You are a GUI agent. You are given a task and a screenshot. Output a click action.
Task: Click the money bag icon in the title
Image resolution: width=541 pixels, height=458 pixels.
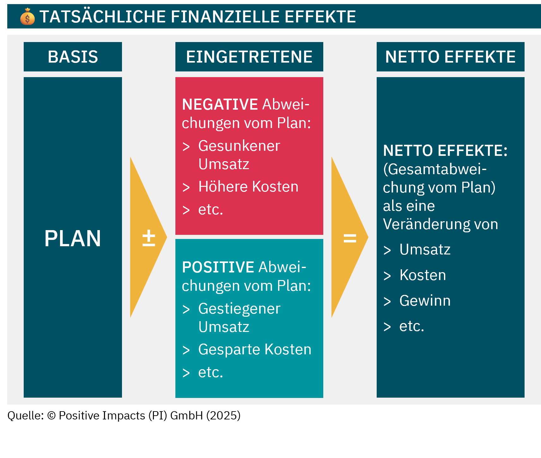pos(27,16)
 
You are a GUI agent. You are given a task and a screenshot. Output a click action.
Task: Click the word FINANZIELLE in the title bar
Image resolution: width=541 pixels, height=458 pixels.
pos(225,17)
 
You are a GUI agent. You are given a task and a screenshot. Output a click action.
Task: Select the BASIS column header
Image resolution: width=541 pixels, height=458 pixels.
pos(73,57)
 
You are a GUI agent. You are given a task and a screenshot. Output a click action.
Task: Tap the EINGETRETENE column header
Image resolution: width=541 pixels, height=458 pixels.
pos(249,57)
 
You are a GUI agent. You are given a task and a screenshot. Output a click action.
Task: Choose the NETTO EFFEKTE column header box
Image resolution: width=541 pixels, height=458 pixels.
pos(450,57)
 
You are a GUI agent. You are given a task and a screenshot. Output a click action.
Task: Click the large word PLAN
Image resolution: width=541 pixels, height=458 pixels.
pos(73,238)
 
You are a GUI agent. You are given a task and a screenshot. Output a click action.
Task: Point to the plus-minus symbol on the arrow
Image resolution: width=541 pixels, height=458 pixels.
pos(149,238)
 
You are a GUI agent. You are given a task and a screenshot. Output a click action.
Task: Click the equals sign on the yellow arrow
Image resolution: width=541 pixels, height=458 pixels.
pos(350,238)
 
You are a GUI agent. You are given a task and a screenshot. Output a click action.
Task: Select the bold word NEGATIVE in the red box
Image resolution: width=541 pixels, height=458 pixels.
pos(220,104)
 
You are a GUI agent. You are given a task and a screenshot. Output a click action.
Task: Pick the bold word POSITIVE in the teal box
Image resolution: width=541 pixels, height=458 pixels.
pos(218,267)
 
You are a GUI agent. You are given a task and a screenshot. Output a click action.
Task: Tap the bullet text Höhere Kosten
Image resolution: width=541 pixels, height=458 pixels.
pos(248,186)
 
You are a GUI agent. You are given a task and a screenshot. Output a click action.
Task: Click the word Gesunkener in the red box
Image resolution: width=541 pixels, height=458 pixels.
pos(239,146)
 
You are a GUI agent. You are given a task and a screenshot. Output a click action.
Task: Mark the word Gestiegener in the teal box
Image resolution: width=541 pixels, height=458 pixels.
pos(239,308)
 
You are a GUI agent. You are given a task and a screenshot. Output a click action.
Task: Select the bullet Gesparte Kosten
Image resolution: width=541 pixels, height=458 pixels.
pos(255,349)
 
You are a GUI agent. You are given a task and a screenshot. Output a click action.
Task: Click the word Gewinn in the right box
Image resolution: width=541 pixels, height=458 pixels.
pos(425,300)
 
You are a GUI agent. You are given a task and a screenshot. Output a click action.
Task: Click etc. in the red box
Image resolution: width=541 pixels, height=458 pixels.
pos(210,210)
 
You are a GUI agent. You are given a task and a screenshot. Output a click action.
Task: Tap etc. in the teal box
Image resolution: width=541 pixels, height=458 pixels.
pos(210,372)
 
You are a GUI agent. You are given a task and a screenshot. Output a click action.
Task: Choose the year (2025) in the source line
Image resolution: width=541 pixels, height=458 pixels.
pos(223,415)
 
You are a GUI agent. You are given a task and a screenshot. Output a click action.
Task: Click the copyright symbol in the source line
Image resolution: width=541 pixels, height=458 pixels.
pos(51,416)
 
